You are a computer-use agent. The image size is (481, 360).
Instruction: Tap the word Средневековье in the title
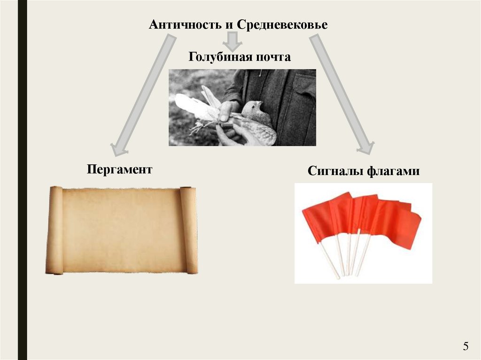[x=282, y=24]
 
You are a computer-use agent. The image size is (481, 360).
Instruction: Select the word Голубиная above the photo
[x=220, y=57]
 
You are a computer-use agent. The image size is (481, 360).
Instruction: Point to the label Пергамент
[x=119, y=169]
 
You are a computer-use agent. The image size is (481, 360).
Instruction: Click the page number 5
[x=465, y=347]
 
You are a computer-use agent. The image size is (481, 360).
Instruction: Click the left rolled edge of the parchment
[x=55, y=230]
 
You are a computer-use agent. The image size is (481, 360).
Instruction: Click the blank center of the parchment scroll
[x=122, y=230]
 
